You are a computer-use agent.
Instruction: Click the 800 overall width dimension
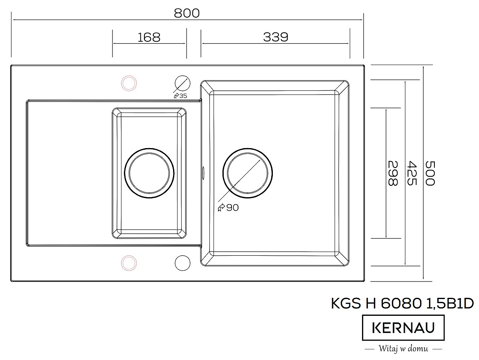tap(187, 13)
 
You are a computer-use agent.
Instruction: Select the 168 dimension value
tap(149, 37)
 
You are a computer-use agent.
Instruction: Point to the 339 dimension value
tap(276, 37)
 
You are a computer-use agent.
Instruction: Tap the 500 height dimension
tap(430, 173)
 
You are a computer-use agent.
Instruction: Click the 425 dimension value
tap(412, 173)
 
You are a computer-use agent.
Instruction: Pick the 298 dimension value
tap(393, 173)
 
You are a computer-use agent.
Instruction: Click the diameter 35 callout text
tap(180, 96)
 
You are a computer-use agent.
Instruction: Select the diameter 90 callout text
tap(228, 207)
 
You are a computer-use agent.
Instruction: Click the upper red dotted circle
tap(128, 83)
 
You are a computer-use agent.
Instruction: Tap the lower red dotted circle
tap(128, 263)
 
